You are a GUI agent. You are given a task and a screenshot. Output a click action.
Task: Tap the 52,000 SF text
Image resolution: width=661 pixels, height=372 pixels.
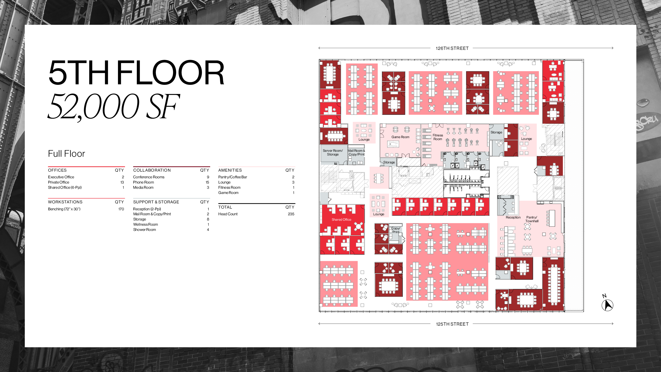[x=114, y=107]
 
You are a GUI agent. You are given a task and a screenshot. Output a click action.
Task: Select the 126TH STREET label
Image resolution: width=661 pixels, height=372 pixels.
[x=452, y=48]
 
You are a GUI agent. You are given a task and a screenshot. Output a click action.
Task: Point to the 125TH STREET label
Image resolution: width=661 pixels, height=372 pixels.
[x=452, y=324]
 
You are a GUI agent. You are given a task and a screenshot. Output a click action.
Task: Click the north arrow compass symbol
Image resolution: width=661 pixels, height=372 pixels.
[x=607, y=305]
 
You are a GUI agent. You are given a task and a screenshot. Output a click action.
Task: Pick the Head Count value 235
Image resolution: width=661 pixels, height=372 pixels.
[x=291, y=214]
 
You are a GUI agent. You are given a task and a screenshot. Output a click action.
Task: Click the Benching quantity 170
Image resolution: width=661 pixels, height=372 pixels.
[x=121, y=209]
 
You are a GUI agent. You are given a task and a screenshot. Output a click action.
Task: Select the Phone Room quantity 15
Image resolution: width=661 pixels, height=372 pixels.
[x=207, y=182]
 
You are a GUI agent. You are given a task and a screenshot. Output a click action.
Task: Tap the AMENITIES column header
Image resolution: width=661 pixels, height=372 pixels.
[x=230, y=170]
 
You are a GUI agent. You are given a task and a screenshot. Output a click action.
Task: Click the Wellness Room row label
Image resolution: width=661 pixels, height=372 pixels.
[x=145, y=224]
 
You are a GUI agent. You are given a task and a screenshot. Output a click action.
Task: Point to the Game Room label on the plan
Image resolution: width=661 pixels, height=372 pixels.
[x=400, y=137]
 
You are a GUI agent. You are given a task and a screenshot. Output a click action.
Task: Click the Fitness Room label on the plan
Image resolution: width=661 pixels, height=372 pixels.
[x=438, y=137]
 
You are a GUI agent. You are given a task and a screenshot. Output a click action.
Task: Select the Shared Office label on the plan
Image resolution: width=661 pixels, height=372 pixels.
[x=341, y=219]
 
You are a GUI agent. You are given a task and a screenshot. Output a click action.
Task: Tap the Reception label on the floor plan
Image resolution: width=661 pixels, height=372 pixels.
[x=513, y=217]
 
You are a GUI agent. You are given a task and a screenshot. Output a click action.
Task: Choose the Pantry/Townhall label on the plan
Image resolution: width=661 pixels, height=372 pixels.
[x=532, y=219]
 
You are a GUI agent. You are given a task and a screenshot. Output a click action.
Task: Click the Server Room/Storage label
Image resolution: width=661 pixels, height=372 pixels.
[x=333, y=153]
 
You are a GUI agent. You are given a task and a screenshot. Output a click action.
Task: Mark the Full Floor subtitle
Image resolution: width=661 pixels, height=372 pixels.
[x=66, y=154]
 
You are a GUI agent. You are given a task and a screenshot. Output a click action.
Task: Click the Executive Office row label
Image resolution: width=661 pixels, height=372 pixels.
[x=61, y=177]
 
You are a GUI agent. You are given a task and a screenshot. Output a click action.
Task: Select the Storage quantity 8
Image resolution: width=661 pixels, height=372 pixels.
[x=208, y=219]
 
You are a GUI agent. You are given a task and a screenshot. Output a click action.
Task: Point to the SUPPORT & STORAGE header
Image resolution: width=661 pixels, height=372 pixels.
[x=156, y=202]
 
